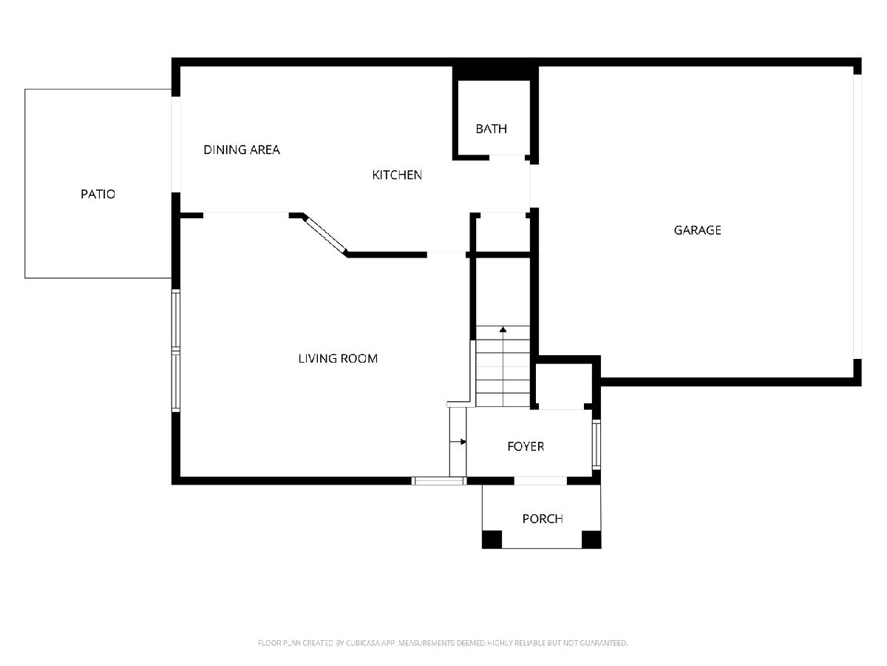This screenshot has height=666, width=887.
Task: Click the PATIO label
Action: (98, 194)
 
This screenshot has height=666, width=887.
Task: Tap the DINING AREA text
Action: (242, 149)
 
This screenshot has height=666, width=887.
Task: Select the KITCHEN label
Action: (397, 175)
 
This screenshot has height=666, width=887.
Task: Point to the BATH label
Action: (491, 129)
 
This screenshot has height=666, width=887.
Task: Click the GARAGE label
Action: (697, 230)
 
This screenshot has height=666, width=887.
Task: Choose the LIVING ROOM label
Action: (338, 358)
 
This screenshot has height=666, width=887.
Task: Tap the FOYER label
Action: (526, 446)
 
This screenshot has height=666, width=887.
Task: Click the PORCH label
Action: (543, 519)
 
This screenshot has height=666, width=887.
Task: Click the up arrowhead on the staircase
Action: (503, 329)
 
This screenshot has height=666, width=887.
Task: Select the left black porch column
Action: (492, 539)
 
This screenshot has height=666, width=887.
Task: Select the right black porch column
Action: (591, 539)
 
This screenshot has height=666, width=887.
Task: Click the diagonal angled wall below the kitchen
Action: (325, 235)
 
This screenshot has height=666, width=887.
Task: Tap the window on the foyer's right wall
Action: (596, 445)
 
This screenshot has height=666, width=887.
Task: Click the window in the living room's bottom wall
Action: (439, 481)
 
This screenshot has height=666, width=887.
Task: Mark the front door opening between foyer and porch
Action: (540, 481)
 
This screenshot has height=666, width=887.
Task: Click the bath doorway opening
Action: (507, 157)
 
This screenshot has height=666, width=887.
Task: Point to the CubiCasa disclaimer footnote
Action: (443, 642)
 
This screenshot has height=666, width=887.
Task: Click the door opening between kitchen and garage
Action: (534, 186)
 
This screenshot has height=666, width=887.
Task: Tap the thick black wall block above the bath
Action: (495, 73)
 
